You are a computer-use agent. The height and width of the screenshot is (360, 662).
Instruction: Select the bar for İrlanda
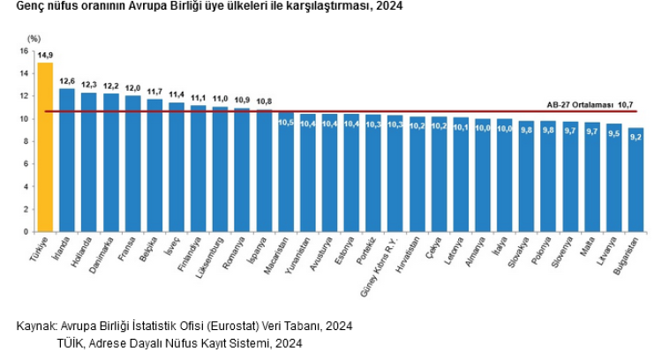click(67, 160)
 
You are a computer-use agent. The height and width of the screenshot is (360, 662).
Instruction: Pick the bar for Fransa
click(132, 163)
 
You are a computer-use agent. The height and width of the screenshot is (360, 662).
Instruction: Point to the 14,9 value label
click(45, 56)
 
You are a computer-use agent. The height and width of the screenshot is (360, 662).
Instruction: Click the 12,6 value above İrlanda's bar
click(67, 81)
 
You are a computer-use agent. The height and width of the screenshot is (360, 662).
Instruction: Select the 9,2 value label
click(636, 136)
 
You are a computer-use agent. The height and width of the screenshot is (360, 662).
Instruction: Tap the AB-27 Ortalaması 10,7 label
click(591, 105)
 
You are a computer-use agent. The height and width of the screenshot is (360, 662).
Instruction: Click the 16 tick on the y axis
click(25, 50)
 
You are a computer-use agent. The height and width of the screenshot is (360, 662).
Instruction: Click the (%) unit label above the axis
click(34, 39)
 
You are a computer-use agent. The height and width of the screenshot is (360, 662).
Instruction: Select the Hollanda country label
click(85, 252)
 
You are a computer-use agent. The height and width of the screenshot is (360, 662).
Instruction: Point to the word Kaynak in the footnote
click(36, 326)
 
